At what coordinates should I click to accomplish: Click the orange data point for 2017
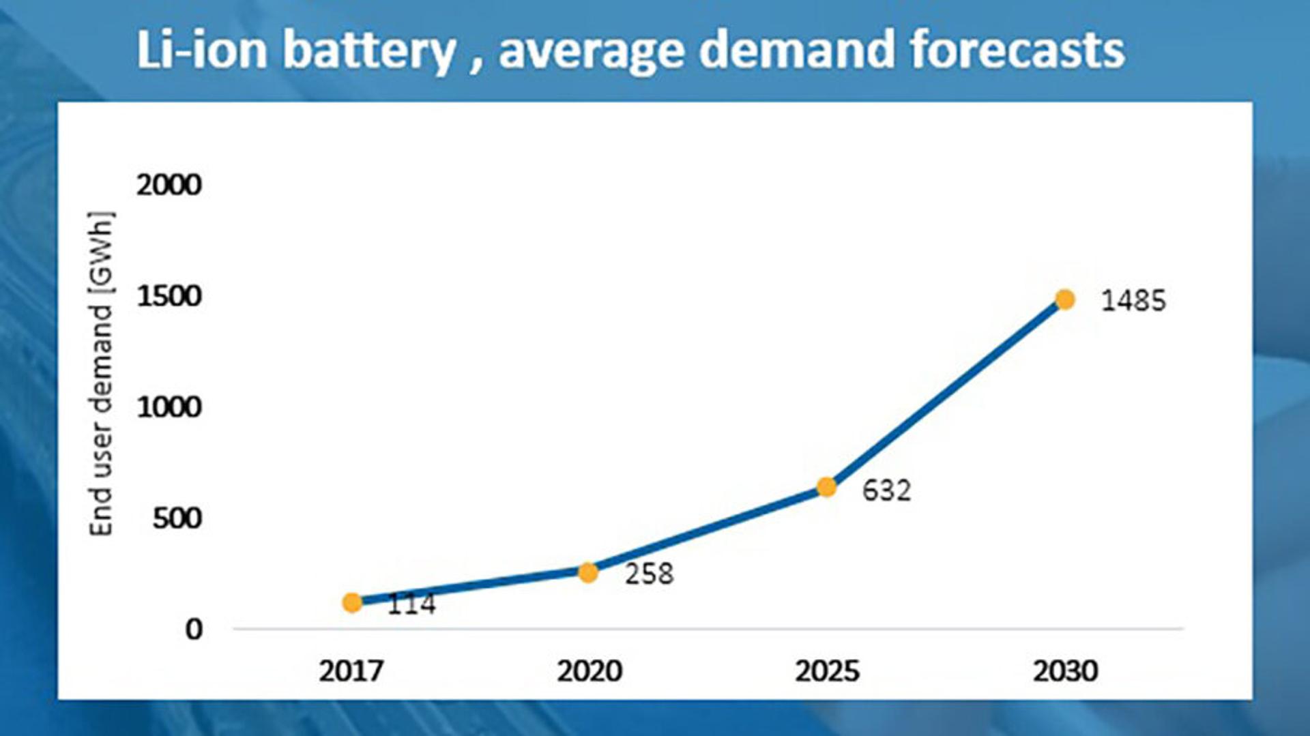tap(352, 602)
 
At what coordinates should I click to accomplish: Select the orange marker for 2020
tap(588, 573)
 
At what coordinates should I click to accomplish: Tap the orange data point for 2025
tap(826, 487)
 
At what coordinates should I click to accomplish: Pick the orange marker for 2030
tap(1064, 299)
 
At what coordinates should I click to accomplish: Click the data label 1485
tap(1133, 301)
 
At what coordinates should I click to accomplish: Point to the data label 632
tap(886, 490)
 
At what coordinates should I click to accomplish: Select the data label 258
tap(649, 574)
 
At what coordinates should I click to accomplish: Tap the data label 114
tap(411, 604)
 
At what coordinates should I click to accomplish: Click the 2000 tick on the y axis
tap(169, 185)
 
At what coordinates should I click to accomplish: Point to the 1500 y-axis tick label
tap(169, 296)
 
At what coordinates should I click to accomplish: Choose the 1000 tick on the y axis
tap(169, 407)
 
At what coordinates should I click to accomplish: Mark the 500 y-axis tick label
tap(177, 518)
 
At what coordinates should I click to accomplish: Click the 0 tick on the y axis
tap(194, 629)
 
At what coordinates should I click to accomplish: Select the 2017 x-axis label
tap(351, 671)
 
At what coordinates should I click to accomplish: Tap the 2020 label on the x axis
tap(589, 671)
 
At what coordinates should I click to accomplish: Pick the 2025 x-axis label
tap(827, 671)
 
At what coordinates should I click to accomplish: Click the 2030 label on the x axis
tap(1065, 671)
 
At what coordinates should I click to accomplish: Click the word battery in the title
tap(369, 50)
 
